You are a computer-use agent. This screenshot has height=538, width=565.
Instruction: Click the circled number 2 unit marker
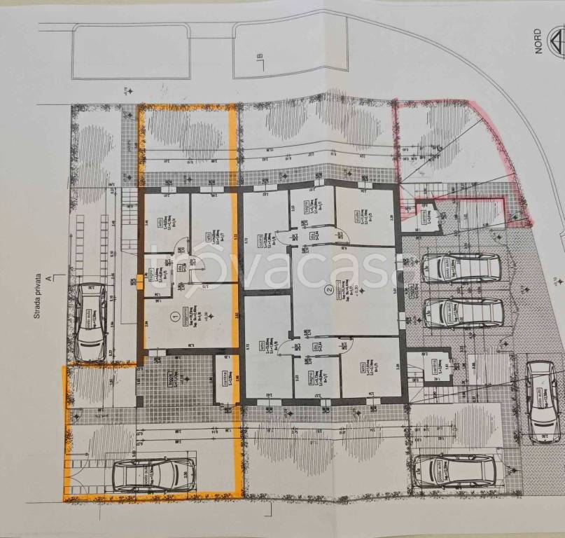[328, 290]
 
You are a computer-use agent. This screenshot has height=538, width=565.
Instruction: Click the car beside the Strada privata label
[91, 321]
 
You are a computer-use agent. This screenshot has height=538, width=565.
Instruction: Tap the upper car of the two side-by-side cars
[461, 268]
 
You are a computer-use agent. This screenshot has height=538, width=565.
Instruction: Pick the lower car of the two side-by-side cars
[463, 312]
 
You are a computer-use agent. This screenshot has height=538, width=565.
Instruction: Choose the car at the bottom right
[454, 471]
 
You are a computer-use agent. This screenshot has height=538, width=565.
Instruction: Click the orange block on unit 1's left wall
[151, 278]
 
